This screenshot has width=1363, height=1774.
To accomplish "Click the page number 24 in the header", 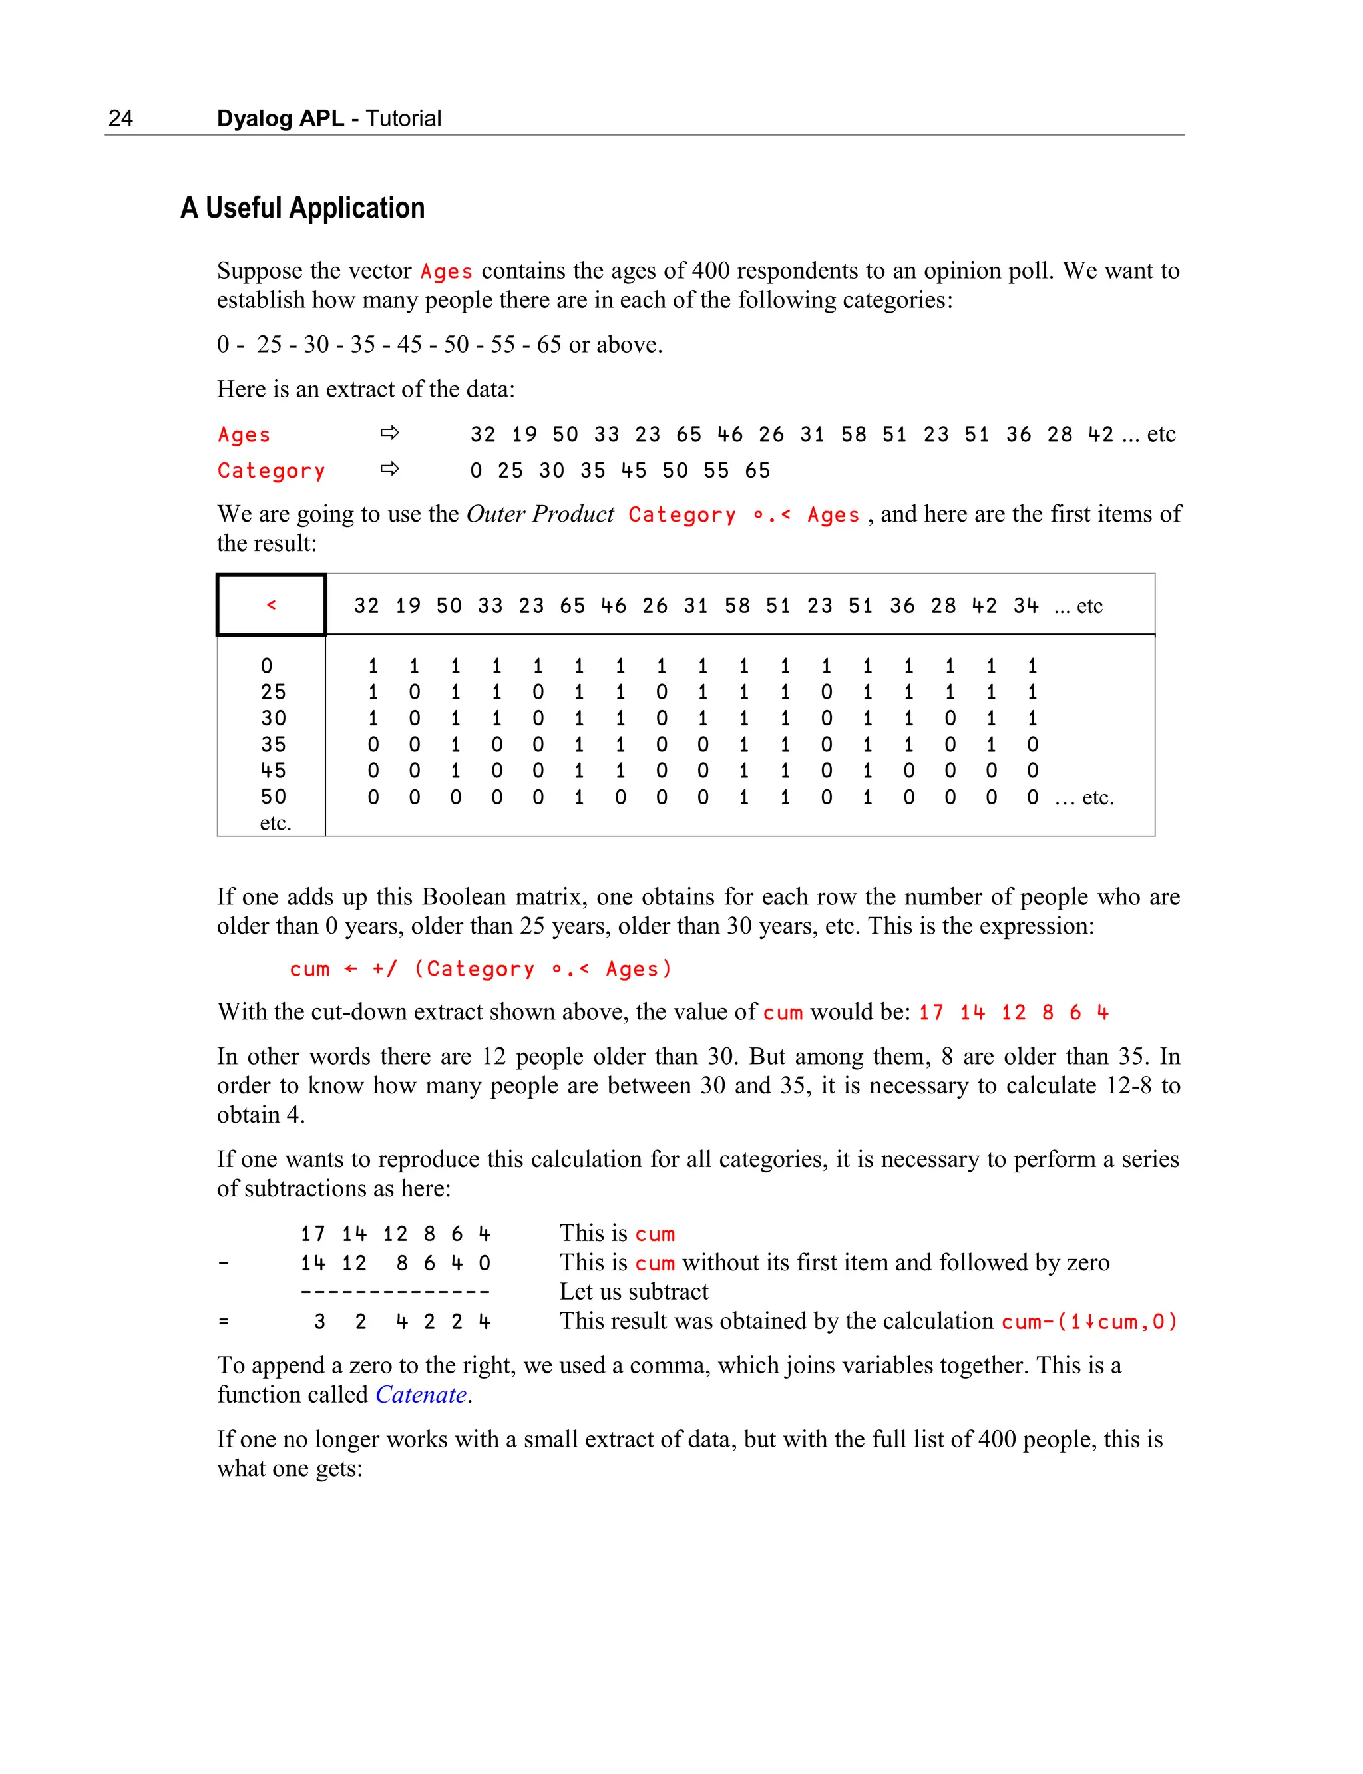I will pos(120,118).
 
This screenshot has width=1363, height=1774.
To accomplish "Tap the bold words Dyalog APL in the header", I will pos(280,118).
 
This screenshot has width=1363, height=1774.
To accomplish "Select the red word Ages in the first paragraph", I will pos(445,271).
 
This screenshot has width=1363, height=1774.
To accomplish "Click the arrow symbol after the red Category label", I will pos(389,470).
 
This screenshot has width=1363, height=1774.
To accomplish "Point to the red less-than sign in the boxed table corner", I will pos(271,605).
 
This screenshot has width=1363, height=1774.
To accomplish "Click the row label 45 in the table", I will pos(274,771).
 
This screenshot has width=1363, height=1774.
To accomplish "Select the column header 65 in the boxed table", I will pos(572,606).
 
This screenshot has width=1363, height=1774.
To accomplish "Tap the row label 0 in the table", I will pos(267,666).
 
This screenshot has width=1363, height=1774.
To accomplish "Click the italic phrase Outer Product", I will pos(540,514).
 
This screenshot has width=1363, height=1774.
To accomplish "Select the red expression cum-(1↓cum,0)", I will pos(1088,1322).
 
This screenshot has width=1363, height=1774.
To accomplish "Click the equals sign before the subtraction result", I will pos(224,1322).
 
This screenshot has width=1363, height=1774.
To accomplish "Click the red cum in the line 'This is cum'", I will pos(655,1234).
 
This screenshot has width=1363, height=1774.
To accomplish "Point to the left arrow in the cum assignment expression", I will pos(351,969).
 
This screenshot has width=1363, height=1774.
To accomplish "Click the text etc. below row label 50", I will pos(275,823).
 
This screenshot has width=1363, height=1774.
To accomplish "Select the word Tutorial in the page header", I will pos(403,118).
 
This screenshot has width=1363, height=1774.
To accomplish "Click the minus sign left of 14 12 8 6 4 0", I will pos(224,1263).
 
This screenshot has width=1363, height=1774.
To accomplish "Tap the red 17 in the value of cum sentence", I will pos(930,1012).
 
